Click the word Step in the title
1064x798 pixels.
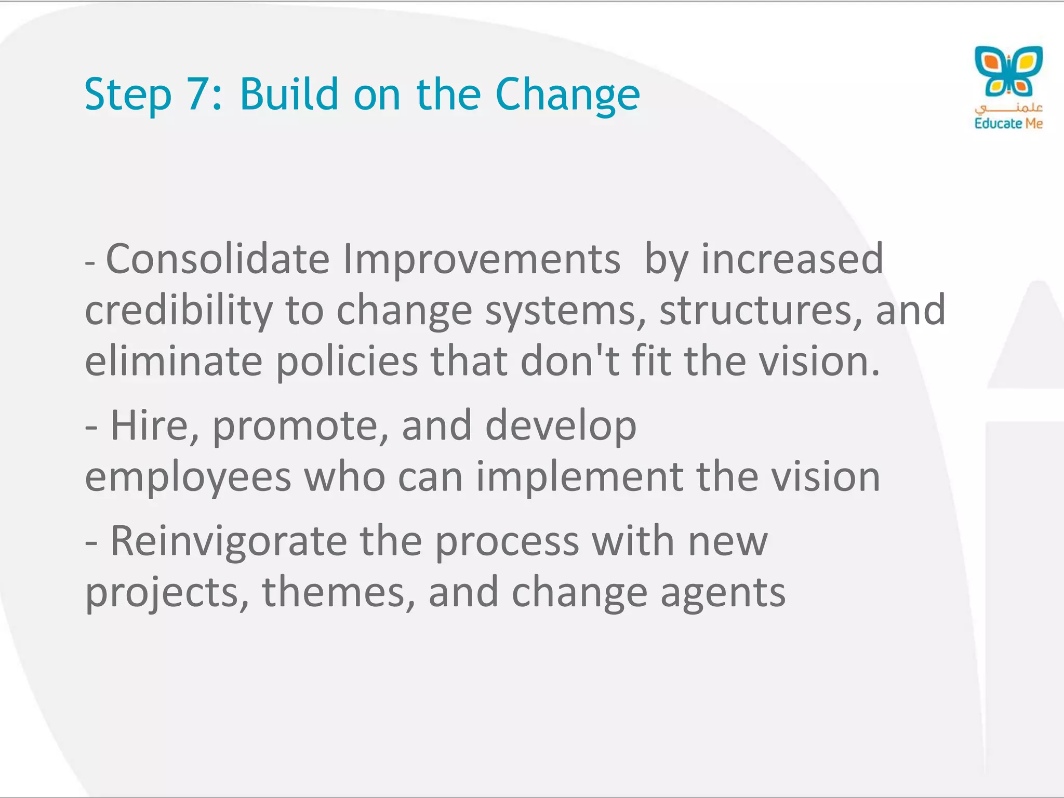click(128, 95)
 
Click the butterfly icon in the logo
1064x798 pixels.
click(1008, 71)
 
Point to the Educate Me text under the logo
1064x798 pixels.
click(1008, 124)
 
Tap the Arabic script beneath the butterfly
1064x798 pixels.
click(1008, 108)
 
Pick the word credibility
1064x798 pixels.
click(179, 311)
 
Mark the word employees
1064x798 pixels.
click(188, 477)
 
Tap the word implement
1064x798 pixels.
click(579, 477)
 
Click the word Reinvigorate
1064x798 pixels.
click(229, 541)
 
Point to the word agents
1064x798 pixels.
click(723, 593)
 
